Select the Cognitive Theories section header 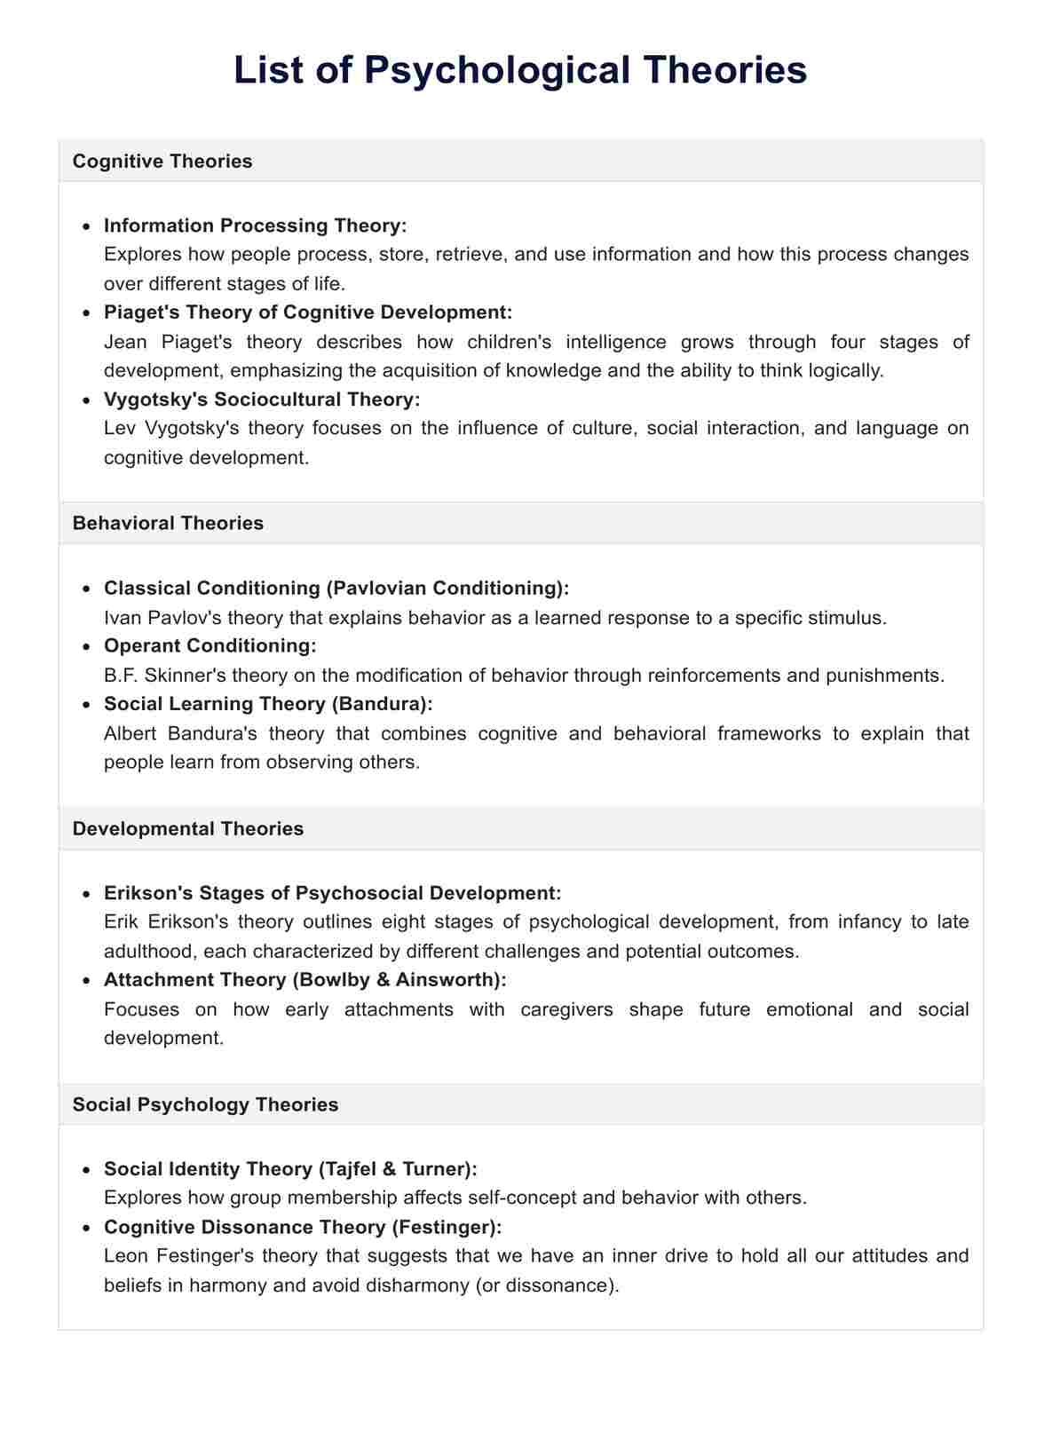[162, 161]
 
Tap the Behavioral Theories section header [168, 523]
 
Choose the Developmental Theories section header [187, 828]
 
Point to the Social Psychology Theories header [205, 1104]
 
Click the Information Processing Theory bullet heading [255, 225]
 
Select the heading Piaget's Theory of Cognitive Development [308, 312]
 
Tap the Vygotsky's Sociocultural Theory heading [262, 399]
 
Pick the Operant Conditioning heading [210, 645]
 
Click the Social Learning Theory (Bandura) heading [268, 704]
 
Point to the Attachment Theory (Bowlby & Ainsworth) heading [304, 980]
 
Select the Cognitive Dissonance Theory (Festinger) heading [303, 1227]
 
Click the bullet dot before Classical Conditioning [86, 589]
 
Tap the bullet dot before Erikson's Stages [86, 894]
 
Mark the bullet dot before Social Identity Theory [86, 1170]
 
